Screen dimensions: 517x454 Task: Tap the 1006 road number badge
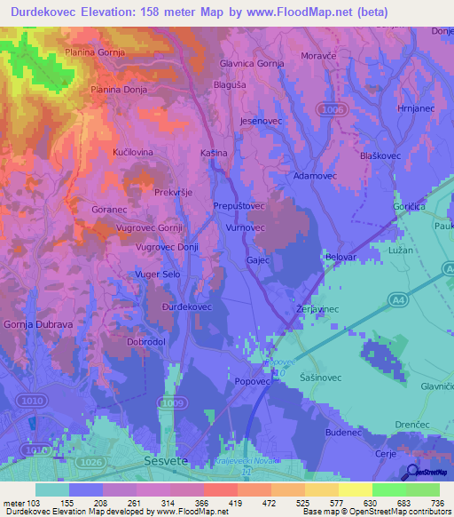coord(334,108)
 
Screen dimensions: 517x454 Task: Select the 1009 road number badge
coord(173,404)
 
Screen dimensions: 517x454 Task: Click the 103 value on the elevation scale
coord(28,504)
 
